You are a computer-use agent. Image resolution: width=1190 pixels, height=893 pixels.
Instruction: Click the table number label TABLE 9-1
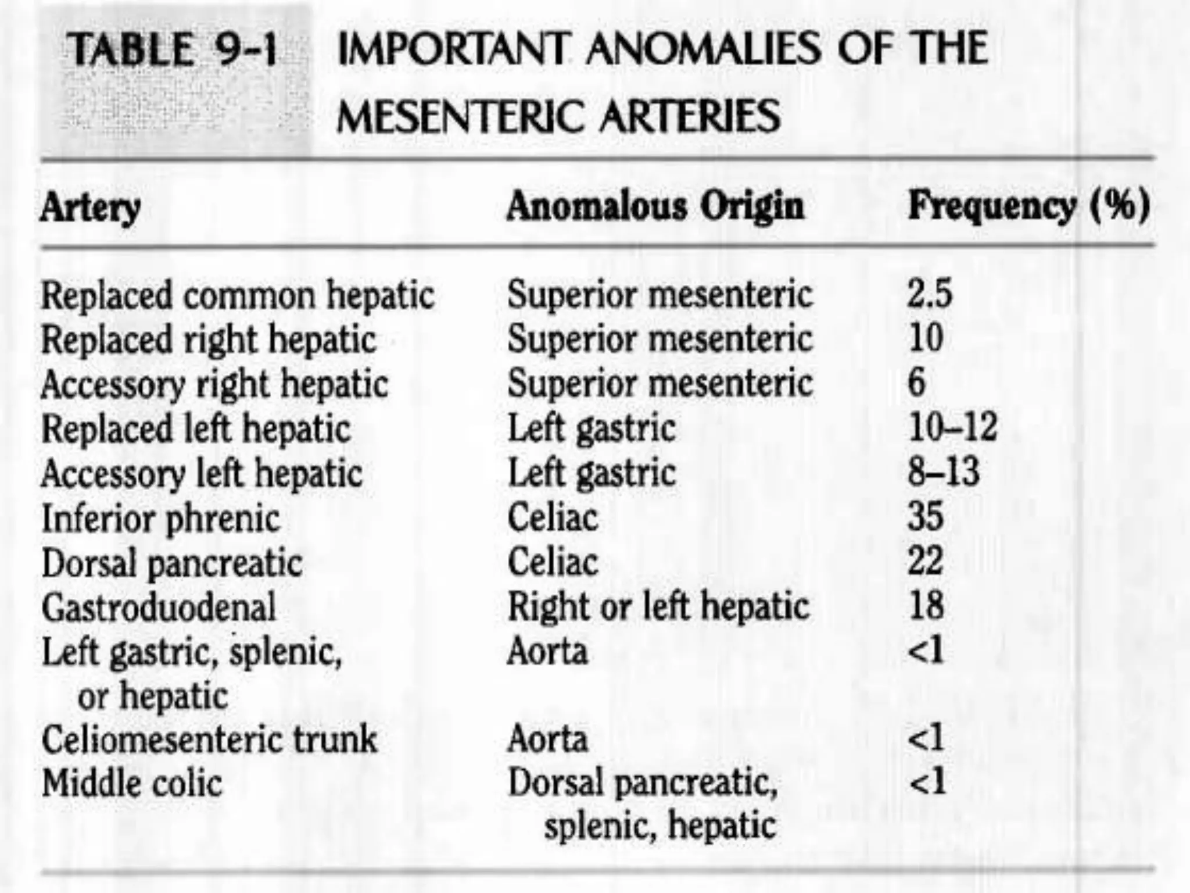172,50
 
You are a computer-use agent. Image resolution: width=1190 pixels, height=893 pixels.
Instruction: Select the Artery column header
90,207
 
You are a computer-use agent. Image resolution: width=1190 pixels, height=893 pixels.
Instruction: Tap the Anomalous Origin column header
655,206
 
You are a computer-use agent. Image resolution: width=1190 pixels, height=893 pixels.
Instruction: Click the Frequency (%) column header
1028,206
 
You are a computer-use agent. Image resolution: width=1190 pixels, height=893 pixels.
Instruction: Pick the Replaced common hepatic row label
238,295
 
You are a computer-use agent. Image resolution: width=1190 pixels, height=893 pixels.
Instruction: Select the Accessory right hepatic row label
214,385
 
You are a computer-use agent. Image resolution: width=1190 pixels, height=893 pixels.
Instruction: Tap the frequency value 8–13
944,471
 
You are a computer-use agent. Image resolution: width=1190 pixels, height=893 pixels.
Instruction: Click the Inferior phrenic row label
160,519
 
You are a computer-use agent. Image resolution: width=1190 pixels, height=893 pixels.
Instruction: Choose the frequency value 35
926,516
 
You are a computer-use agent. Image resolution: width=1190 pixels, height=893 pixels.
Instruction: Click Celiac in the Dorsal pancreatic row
553,562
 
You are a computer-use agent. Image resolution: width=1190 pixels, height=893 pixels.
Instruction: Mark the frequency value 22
926,561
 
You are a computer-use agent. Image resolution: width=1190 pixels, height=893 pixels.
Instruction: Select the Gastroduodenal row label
159,608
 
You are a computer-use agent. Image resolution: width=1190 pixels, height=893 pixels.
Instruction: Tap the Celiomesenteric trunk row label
209,740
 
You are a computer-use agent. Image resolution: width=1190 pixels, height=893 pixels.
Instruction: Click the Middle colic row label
132,784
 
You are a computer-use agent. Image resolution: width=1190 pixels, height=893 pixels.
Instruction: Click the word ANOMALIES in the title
702,49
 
